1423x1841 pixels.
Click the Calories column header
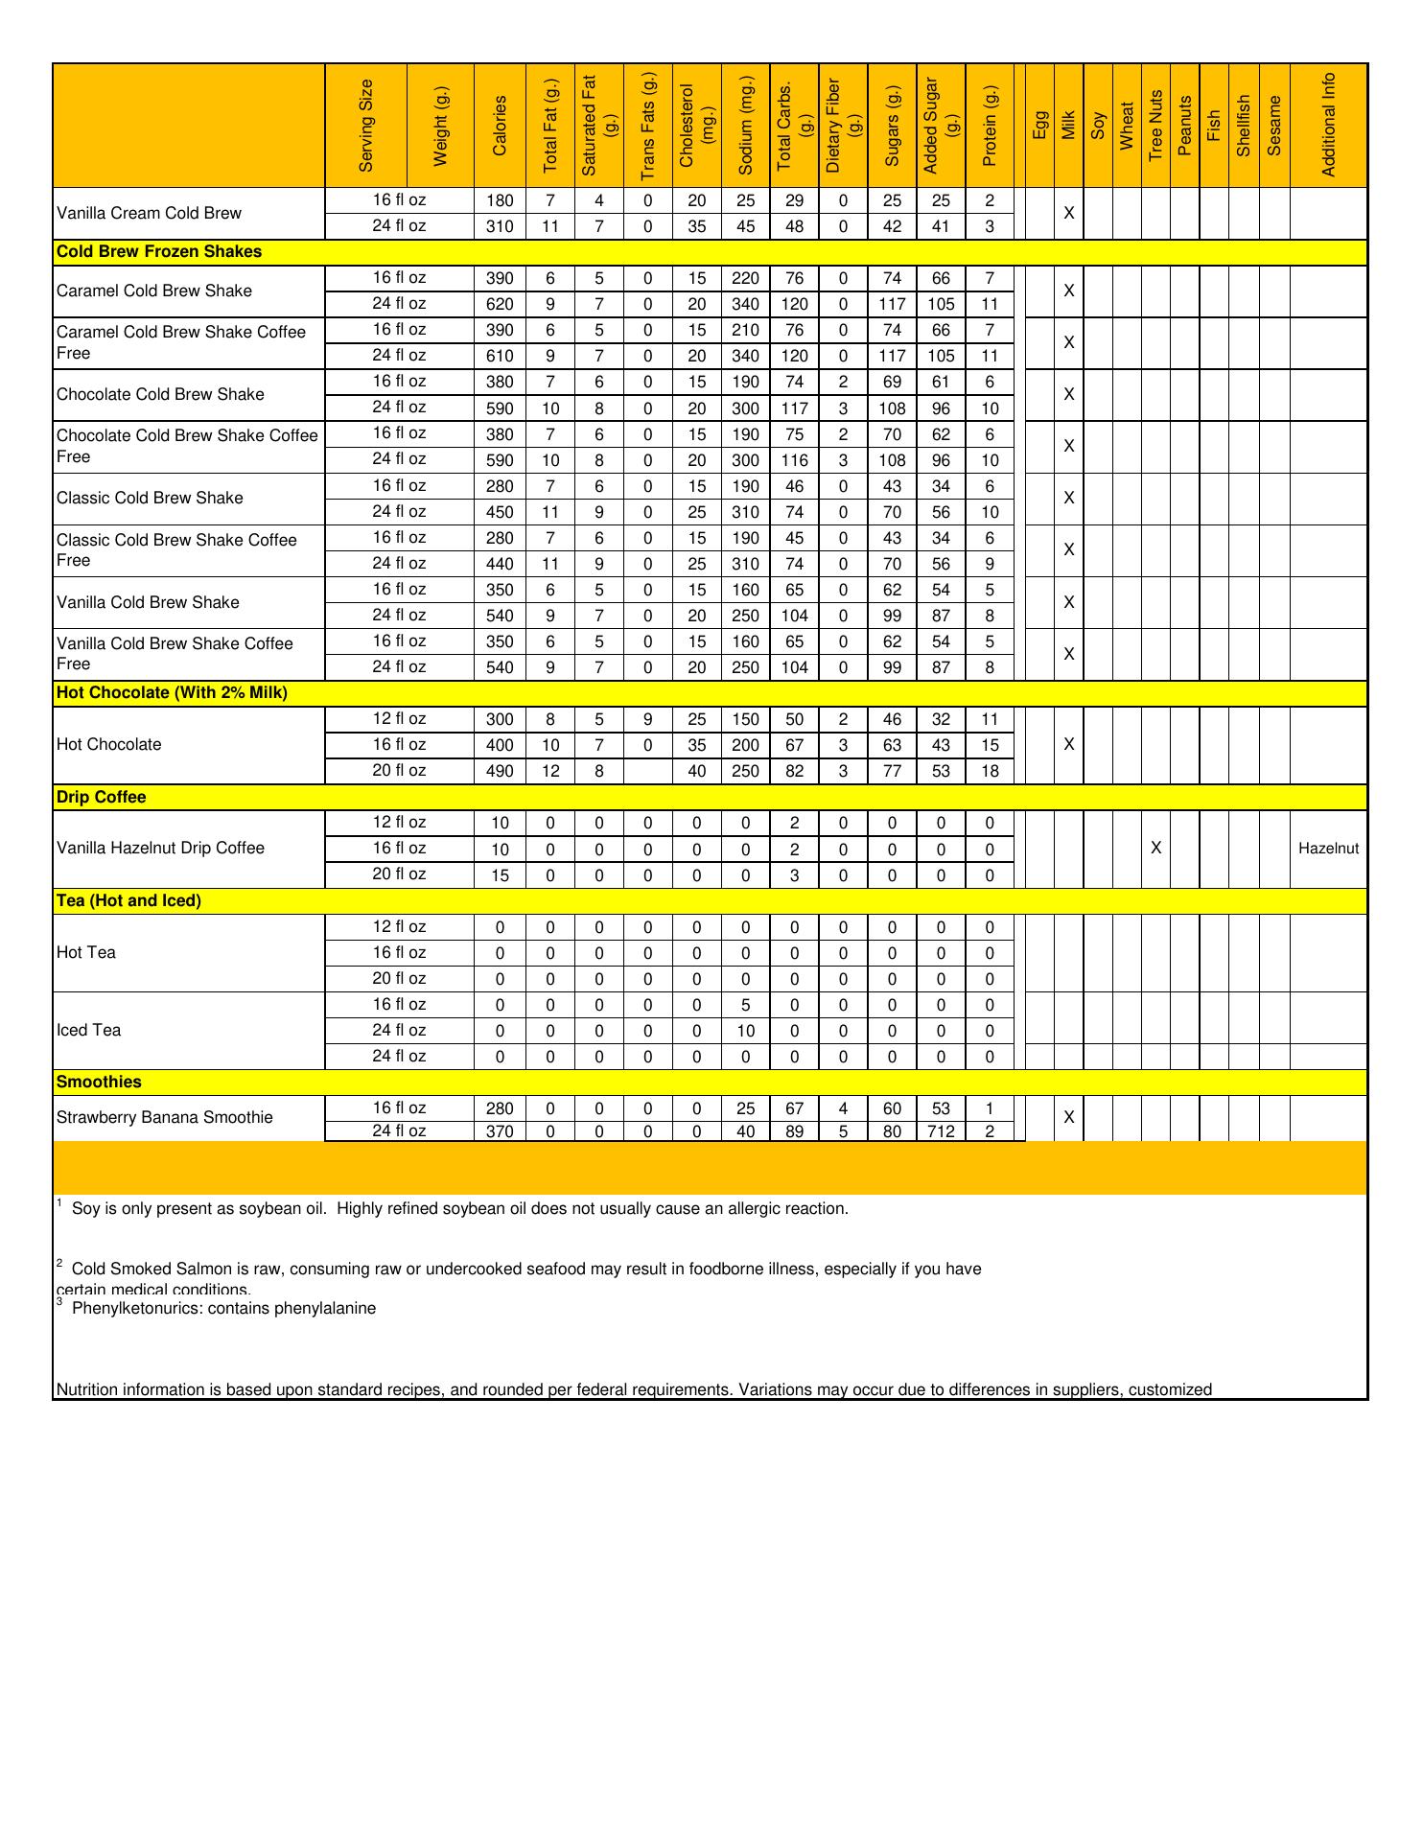pyautogui.click(x=500, y=126)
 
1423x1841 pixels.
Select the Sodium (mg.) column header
pyautogui.click(x=745, y=126)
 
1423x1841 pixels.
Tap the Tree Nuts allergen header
pyautogui.click(x=1155, y=126)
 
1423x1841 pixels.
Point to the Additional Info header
pyautogui.click(x=1328, y=126)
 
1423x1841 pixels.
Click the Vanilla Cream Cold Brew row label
pyautogui.click(x=149, y=213)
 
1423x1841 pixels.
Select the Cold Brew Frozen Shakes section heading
pyautogui.click(x=159, y=252)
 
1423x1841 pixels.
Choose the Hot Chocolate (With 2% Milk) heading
pyautogui.click(x=172, y=692)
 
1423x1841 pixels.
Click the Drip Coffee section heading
pyautogui.click(x=102, y=797)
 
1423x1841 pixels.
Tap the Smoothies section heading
pyautogui.click(x=99, y=1082)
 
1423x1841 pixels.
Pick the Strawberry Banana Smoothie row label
pyautogui.click(x=164, y=1117)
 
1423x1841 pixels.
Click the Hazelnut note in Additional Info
pyautogui.click(x=1328, y=849)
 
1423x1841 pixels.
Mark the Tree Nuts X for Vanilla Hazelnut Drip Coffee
pyautogui.click(x=1155, y=849)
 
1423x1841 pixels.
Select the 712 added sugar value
pyautogui.click(x=941, y=1131)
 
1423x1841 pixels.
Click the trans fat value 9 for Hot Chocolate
pyautogui.click(x=648, y=719)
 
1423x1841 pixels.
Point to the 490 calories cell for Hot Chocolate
pyautogui.click(x=500, y=771)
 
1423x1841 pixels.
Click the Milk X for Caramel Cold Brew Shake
pyautogui.click(x=1068, y=291)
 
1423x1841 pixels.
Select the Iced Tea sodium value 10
pyautogui.click(x=745, y=1031)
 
